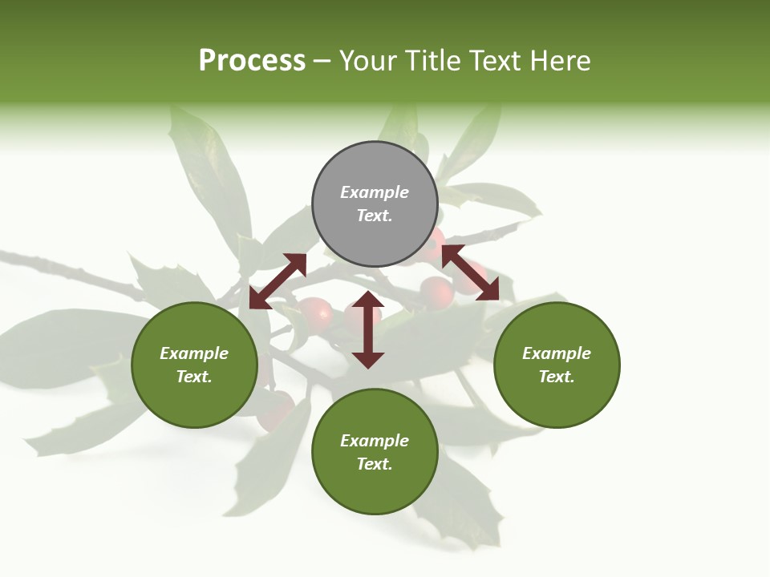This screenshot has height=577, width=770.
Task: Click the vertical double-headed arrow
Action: pyautogui.click(x=368, y=330)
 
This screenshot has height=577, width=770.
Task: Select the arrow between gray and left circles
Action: pyautogui.click(x=278, y=281)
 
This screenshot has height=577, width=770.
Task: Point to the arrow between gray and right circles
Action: pyautogui.click(x=470, y=272)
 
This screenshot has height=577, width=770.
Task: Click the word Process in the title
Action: pyautogui.click(x=252, y=61)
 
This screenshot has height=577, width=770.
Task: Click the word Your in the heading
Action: pyautogui.click(x=368, y=61)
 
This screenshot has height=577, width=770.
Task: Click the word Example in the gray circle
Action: pyautogui.click(x=375, y=192)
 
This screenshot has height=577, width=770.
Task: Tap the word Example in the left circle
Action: pyautogui.click(x=194, y=353)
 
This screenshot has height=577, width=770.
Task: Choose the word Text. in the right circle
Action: pyautogui.click(x=557, y=377)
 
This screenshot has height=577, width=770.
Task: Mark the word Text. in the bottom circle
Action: pyautogui.click(x=375, y=464)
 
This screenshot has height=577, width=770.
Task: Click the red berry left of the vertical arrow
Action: pyautogui.click(x=316, y=313)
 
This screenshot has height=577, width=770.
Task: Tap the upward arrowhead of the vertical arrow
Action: pyautogui.click(x=368, y=300)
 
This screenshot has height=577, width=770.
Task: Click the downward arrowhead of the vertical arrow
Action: pyautogui.click(x=368, y=360)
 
